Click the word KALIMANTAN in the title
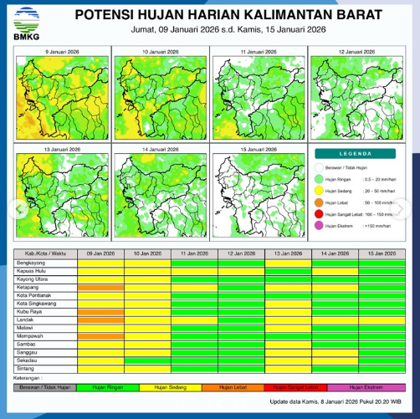273,15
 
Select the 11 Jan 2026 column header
194,253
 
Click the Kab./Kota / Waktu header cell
46,253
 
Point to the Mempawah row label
32,336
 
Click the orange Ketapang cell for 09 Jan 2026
100,287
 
